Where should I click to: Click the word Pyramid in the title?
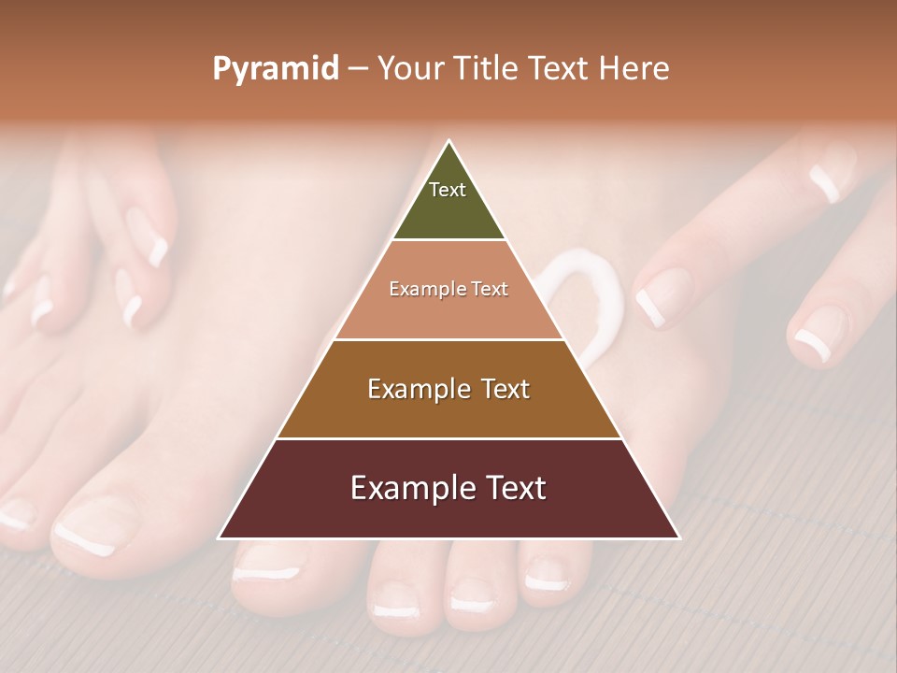275,68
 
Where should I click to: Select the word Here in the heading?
634,68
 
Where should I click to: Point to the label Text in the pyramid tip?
448,190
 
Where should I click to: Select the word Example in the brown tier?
420,389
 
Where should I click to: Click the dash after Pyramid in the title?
357,69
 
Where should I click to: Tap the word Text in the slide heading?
559,68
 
